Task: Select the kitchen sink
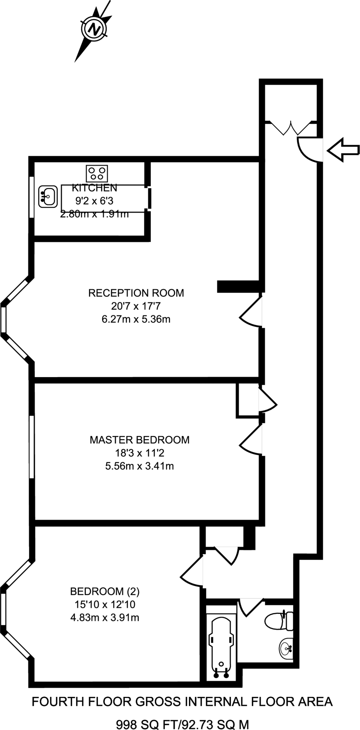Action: pos(48,196)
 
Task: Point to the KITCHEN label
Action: pos(94,187)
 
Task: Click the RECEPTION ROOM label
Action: pos(136,293)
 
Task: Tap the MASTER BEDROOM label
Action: pos(139,440)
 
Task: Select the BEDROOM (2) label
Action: pos(105,592)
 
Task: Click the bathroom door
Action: pos(251,608)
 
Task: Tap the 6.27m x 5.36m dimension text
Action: pos(136,319)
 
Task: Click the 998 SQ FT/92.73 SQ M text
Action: pos(182,715)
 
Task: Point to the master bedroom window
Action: pos(32,447)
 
